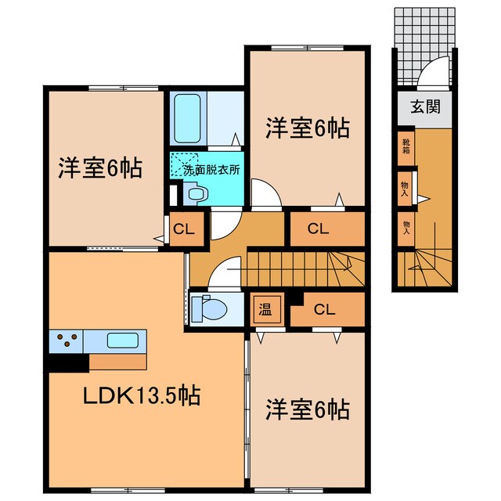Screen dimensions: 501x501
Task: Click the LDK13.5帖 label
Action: [x=142, y=395]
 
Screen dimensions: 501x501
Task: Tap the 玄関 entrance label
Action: [x=425, y=106]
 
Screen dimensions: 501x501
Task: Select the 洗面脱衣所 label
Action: [x=211, y=170]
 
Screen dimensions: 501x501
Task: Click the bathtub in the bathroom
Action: [x=188, y=118]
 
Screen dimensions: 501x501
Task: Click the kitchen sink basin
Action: [x=123, y=341]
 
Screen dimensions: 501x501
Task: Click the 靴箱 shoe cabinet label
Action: [x=405, y=146]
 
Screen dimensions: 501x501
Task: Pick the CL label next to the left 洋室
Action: [x=184, y=229]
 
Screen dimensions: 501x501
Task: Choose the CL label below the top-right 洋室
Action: [x=319, y=229]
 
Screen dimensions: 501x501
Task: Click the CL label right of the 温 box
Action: [x=325, y=309]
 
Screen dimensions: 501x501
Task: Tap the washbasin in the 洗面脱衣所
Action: [x=198, y=193]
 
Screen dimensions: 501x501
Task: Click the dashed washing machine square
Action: [x=184, y=164]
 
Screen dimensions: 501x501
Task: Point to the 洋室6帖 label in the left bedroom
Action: [x=100, y=168]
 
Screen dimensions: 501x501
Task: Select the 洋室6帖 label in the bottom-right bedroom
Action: [x=308, y=409]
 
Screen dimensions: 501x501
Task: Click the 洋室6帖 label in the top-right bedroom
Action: [x=308, y=128]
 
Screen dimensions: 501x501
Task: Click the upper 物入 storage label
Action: [x=405, y=189]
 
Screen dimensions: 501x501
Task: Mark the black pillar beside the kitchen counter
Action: [x=67, y=362]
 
